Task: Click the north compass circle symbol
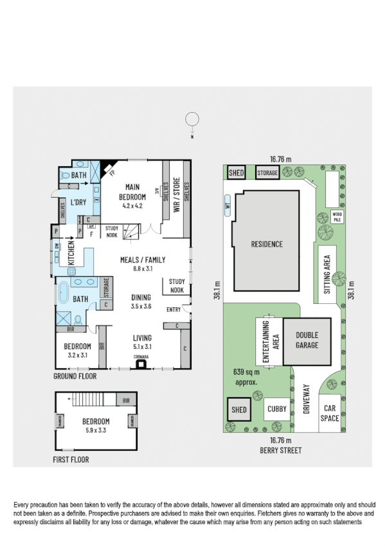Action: (192, 119)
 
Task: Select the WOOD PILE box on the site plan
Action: (336, 217)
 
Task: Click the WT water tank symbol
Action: (227, 207)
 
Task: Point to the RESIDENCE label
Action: (266, 244)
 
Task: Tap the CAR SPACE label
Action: (330, 413)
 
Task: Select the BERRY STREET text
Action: (282, 450)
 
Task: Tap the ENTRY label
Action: (174, 310)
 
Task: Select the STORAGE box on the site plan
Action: (267, 173)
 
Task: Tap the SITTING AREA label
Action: (327, 274)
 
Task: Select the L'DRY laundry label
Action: (78, 203)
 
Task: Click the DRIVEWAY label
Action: (307, 399)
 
